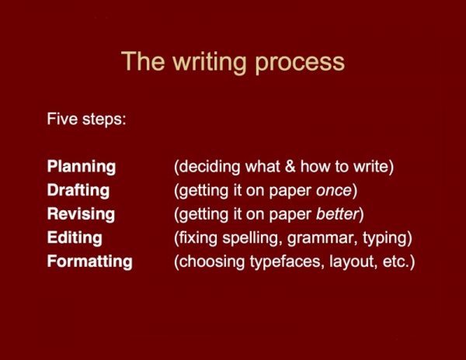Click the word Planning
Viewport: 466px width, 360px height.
point(81,167)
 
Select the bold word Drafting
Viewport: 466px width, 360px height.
point(78,190)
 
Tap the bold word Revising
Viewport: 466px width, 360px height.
point(81,213)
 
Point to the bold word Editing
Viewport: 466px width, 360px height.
point(74,237)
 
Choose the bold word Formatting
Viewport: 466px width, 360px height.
point(89,261)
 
